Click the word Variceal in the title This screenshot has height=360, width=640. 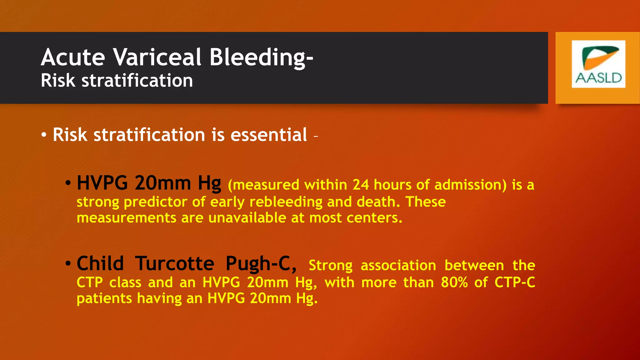tap(157, 57)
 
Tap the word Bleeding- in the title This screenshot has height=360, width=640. tap(261, 57)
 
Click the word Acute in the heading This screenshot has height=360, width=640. tap(73, 57)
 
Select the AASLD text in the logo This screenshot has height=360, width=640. tap(598, 78)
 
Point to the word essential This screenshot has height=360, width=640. tap(269, 135)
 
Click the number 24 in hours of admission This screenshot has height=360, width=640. tap(361, 185)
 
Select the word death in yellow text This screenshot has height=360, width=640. tap(378, 202)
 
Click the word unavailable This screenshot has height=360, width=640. tap(247, 218)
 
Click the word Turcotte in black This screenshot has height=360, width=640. tap(174, 263)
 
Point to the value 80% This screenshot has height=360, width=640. tap(454, 282)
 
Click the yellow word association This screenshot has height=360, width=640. tap(398, 266)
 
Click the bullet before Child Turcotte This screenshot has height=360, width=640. tap(68, 263)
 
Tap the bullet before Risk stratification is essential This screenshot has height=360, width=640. tap(44, 135)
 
